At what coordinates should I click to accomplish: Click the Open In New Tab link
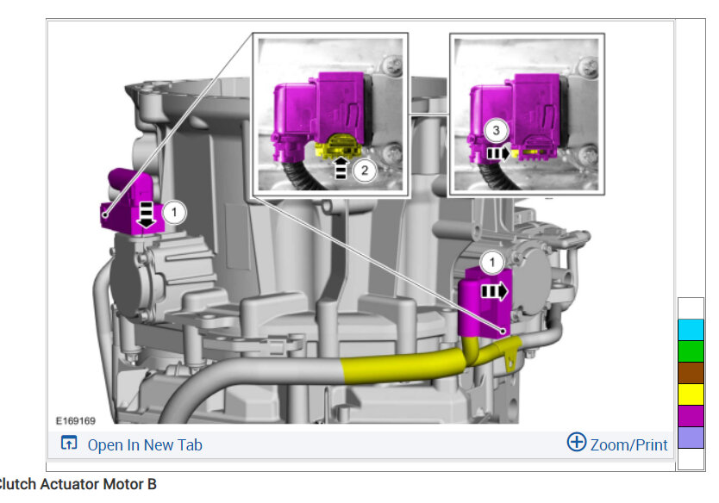[x=145, y=444]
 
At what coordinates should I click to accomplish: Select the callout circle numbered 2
[x=365, y=171]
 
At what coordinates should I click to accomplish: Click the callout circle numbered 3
[x=496, y=131]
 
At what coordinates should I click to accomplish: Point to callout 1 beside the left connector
[x=174, y=212]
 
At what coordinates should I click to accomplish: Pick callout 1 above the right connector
[x=492, y=263]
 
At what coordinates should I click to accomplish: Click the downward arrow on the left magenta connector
[x=147, y=214]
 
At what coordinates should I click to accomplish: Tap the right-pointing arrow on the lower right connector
[x=494, y=291]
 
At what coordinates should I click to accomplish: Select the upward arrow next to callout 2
[x=341, y=168]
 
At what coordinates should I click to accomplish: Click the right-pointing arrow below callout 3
[x=498, y=153]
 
